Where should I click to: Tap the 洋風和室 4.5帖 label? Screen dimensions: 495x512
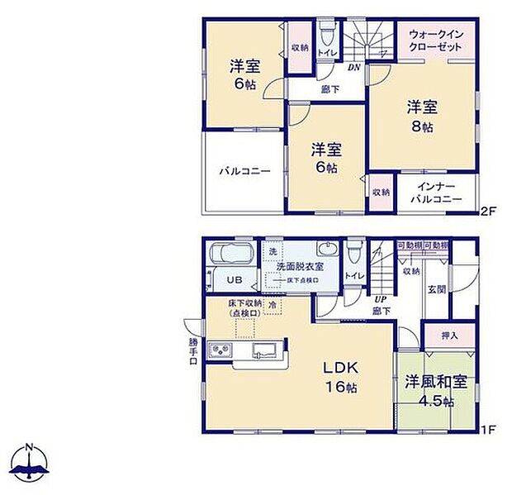pyautogui.click(x=436, y=392)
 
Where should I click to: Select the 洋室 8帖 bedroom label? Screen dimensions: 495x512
pyautogui.click(x=421, y=116)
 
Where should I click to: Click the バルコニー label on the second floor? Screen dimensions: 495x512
pyautogui.click(x=244, y=172)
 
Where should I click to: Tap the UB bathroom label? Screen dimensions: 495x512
pyautogui.click(x=235, y=280)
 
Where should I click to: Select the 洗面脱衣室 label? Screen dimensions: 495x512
pyautogui.click(x=300, y=267)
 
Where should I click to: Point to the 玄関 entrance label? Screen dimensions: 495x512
pyautogui.click(x=437, y=289)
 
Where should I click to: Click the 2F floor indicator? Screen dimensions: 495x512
pyautogui.click(x=488, y=211)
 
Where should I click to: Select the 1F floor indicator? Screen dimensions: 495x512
pyautogui.click(x=488, y=430)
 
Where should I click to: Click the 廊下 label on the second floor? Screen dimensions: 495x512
pyautogui.click(x=328, y=89)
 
